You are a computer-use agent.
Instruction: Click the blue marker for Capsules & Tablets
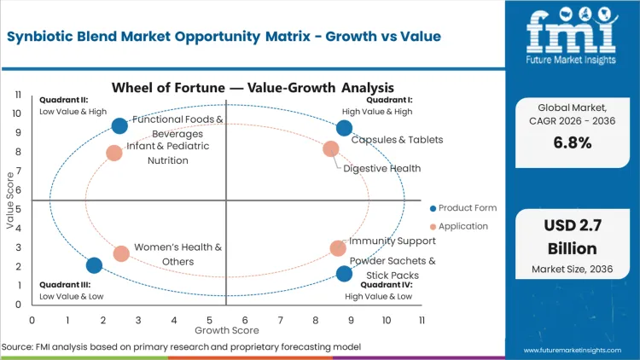[x=344, y=128]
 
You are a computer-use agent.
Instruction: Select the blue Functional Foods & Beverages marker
[x=119, y=125]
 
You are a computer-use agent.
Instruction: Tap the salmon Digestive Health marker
[x=331, y=149]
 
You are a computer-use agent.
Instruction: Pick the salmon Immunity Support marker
[x=338, y=248]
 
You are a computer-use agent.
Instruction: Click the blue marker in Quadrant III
[x=94, y=265]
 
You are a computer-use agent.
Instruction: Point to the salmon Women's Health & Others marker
[x=121, y=253]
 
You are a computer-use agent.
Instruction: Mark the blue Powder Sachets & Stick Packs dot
[x=344, y=274]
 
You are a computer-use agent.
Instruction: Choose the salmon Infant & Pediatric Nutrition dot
[x=114, y=154]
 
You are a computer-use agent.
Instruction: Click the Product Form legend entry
[x=466, y=208]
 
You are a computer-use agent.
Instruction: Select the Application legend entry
[x=461, y=226]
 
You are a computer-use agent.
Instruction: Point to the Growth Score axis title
[x=226, y=329]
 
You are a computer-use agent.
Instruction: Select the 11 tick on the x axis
[x=422, y=320]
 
